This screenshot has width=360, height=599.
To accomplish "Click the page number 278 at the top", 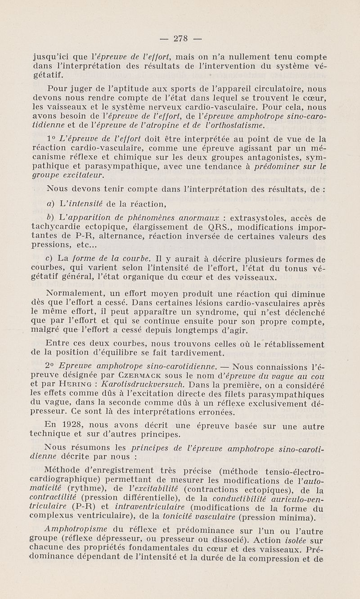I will tap(180, 38).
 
